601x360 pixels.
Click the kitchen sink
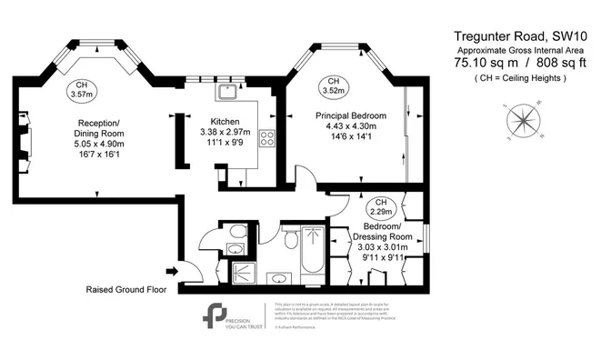click(226, 91)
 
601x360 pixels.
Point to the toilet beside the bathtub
click(289, 241)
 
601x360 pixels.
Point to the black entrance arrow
click(171, 270)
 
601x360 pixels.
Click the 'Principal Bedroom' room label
click(351, 115)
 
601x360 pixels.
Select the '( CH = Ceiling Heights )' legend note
click(520, 79)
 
